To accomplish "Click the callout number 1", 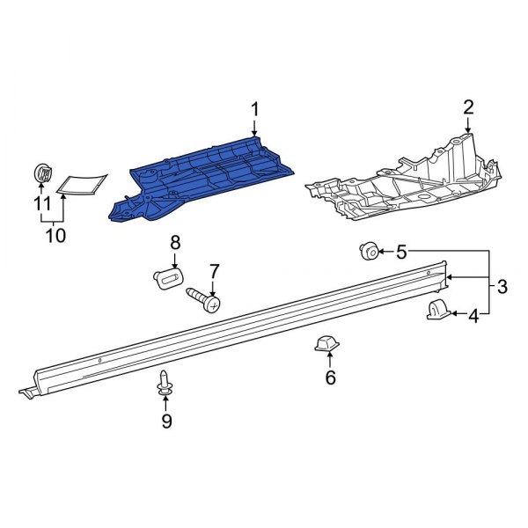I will [255, 109].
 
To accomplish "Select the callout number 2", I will [468, 107].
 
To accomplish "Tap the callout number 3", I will [502, 286].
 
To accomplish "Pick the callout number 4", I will [473, 316].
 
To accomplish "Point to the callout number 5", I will [401, 253].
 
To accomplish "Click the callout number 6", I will [330, 378].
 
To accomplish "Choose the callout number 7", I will [212, 269].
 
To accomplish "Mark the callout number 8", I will [175, 242].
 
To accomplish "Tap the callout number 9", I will [166, 422].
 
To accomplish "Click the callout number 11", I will [40, 204].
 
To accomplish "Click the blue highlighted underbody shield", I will [207, 176].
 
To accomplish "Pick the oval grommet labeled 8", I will [168, 278].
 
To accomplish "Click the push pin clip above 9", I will [165, 384].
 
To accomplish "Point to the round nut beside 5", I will [368, 253].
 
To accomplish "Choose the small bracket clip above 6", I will [326, 344].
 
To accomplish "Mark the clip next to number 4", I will [438, 310].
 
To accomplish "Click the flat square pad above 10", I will [82, 183].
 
